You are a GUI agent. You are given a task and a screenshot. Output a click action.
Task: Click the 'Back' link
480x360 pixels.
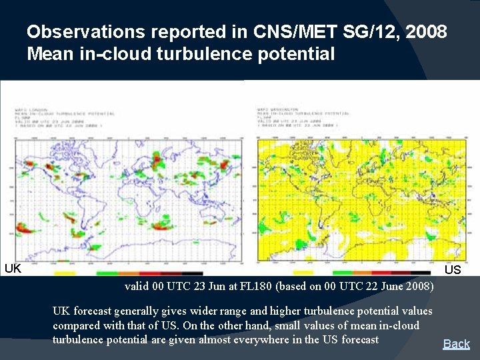[457, 344]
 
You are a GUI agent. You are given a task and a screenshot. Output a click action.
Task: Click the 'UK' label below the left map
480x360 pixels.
[13, 269]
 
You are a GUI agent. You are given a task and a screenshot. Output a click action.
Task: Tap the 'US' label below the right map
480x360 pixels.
[453, 269]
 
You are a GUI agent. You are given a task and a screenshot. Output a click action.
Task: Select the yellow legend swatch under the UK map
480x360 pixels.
[65, 273]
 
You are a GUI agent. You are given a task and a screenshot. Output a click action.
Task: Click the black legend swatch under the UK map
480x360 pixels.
[192, 273]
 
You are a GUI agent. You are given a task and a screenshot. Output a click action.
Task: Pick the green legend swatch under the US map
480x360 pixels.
[343, 273]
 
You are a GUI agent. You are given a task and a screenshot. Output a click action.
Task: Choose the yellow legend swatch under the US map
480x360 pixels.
[303, 273]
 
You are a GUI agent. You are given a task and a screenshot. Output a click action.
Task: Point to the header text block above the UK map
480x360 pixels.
[64, 118]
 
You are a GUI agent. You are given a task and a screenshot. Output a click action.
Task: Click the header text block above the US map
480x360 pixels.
[297, 117]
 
